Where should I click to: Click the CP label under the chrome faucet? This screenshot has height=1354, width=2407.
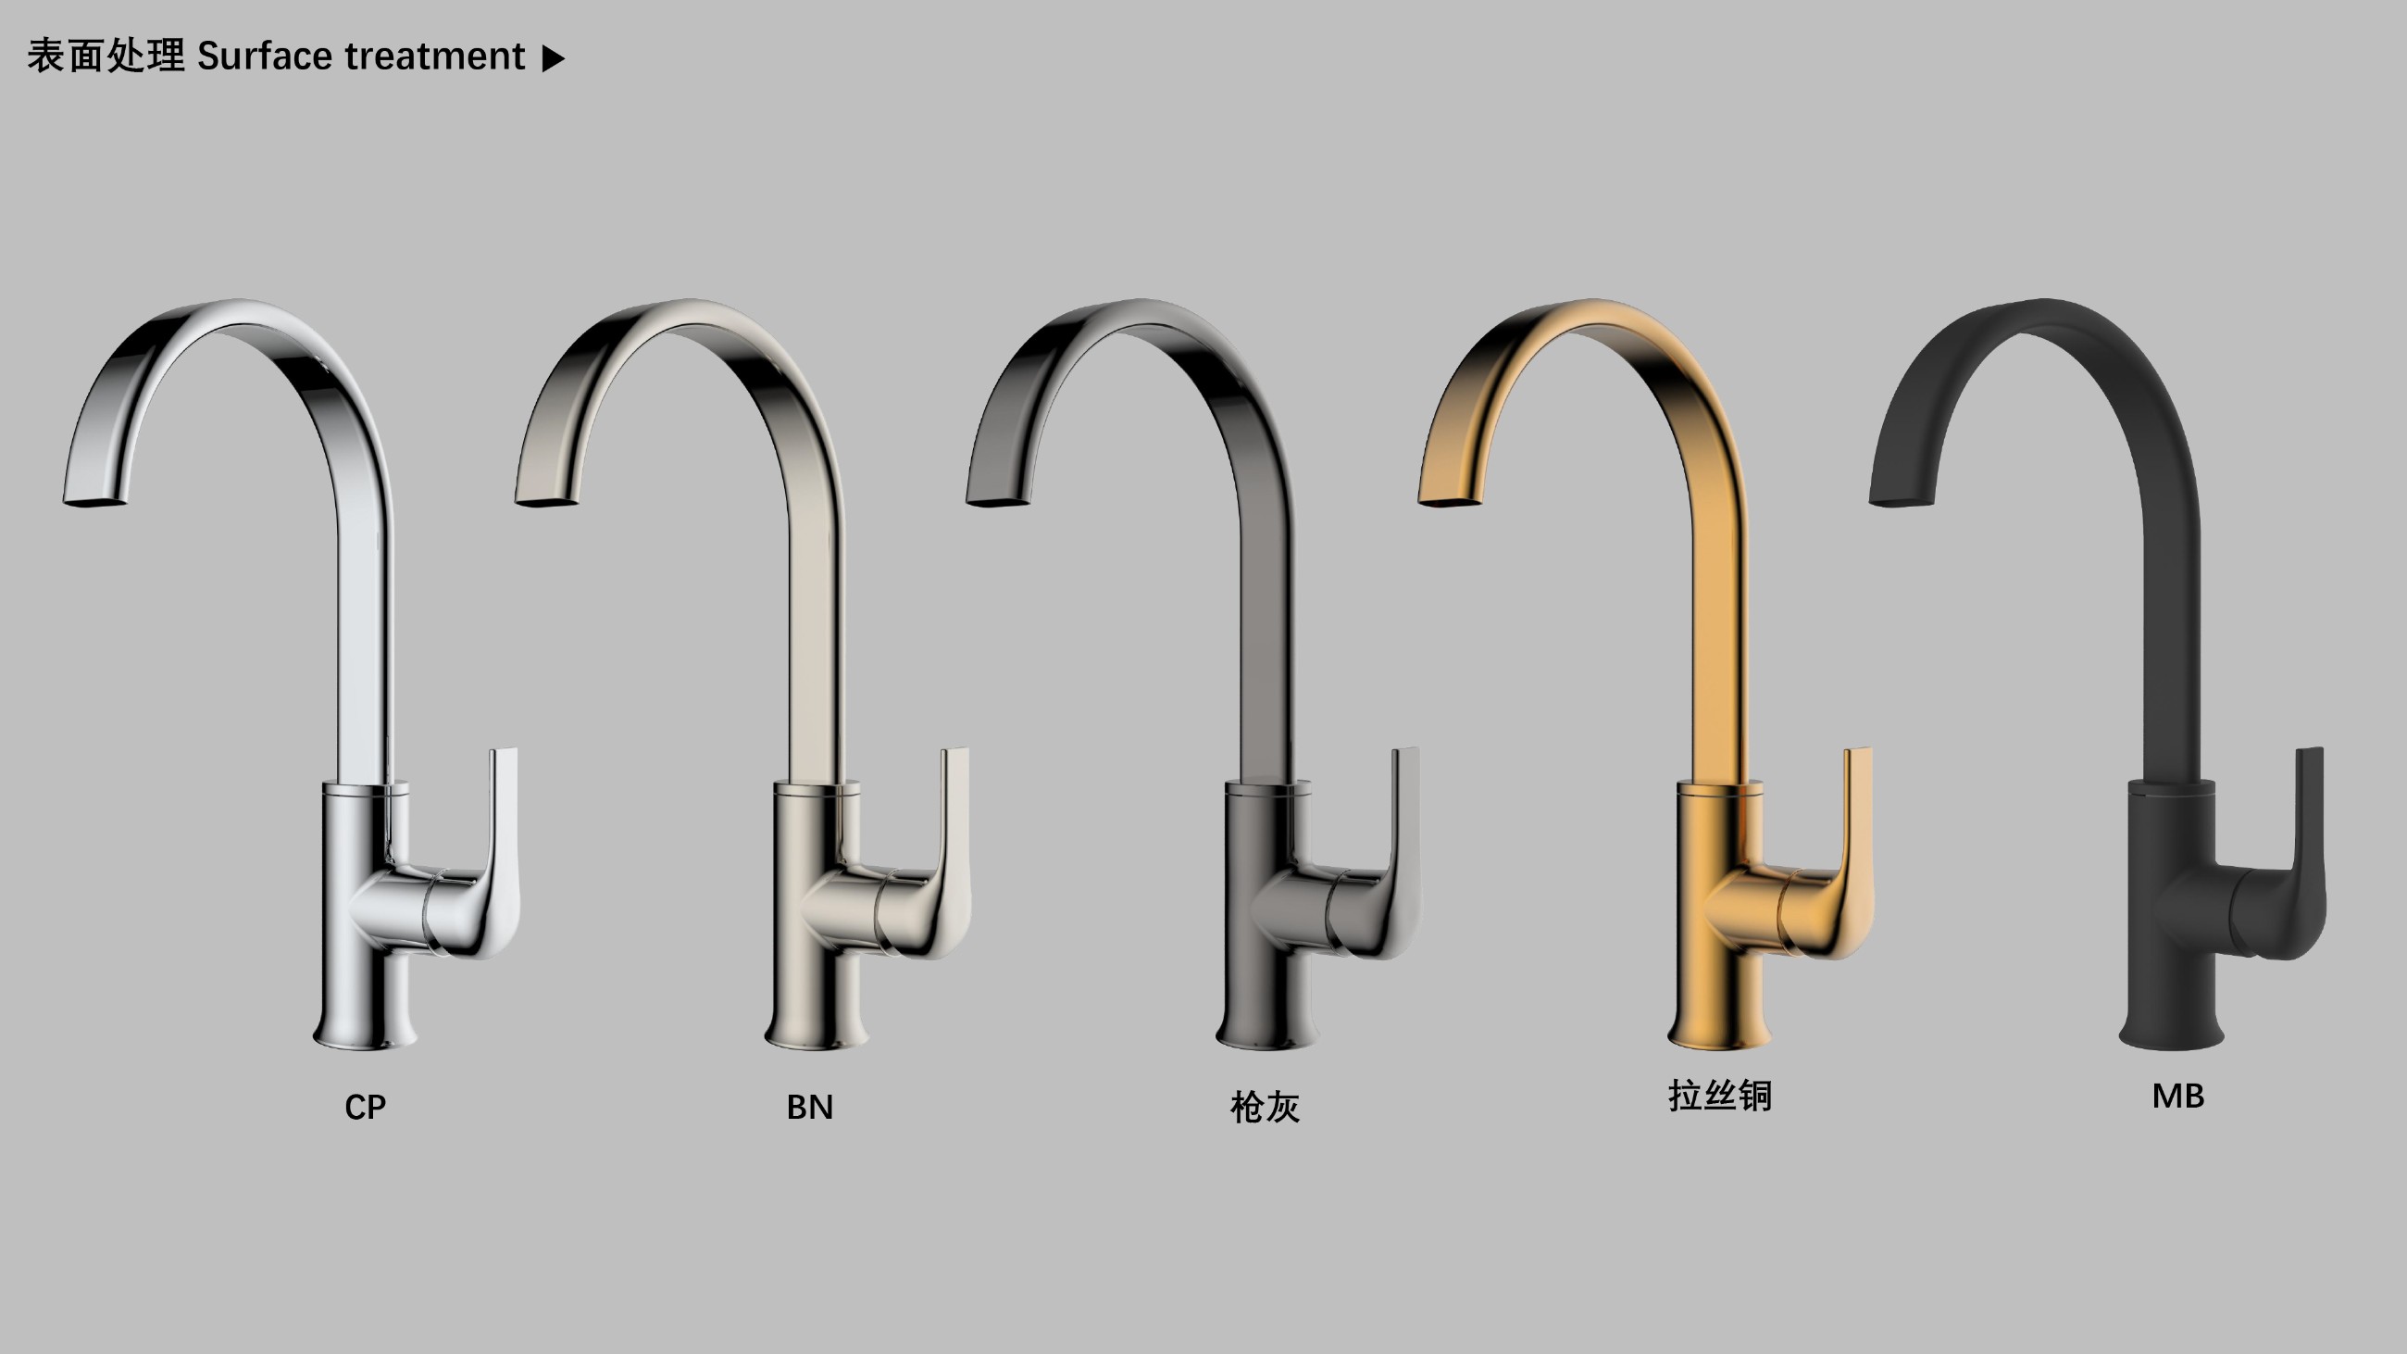coord(365,1108)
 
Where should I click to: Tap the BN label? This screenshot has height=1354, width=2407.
coord(809,1108)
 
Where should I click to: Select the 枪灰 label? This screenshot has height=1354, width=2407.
coord(1265,1108)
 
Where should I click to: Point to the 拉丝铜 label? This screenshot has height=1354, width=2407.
coord(1720,1096)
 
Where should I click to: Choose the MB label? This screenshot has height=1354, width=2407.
coord(2178,1097)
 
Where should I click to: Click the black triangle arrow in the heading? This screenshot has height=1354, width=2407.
coord(554,58)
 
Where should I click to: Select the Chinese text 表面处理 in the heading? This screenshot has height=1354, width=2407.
coord(106,56)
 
